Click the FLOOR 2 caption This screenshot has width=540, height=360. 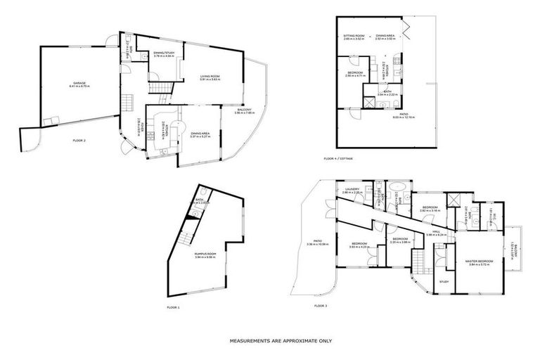coord(79,141)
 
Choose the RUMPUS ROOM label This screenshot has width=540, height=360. coord(205,255)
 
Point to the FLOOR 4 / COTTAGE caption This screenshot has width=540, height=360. coord(338,159)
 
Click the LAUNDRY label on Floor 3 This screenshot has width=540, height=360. coord(352,189)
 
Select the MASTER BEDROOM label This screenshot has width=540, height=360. coord(480,261)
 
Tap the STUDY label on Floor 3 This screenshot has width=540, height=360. coord(444,282)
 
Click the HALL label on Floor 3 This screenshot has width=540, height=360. coord(436,231)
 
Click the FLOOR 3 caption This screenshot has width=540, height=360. coord(321,306)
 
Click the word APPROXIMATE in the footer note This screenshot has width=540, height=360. coord(285,340)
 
